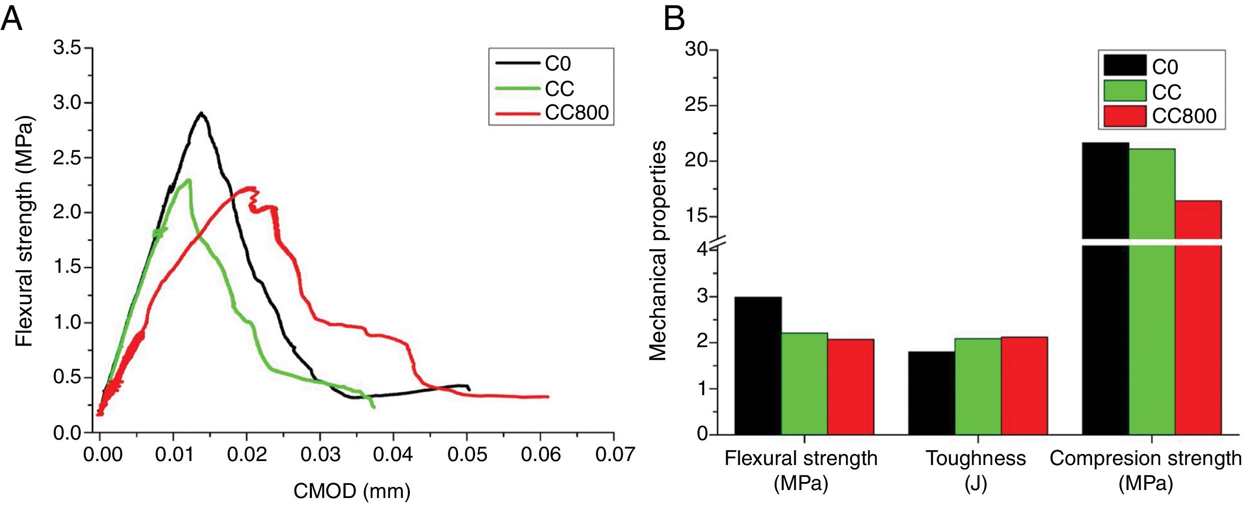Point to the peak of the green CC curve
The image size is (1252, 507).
(188, 180)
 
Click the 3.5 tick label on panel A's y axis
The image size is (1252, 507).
(67, 48)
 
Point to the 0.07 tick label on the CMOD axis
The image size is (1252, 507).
(615, 455)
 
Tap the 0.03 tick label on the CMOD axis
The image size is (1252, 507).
(320, 455)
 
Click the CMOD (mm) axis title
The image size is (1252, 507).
(352, 491)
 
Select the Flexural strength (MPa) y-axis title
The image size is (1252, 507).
(24, 231)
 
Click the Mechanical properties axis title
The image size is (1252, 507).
(658, 251)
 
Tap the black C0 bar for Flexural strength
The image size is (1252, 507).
(758, 366)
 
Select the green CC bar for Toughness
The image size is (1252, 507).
(978, 386)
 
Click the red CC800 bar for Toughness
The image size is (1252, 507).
(1024, 386)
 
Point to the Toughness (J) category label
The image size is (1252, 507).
(976, 470)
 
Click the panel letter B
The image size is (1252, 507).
(674, 19)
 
